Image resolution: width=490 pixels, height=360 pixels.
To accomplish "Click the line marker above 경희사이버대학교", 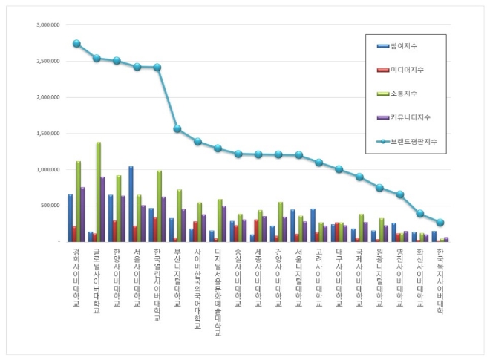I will tap(76, 44).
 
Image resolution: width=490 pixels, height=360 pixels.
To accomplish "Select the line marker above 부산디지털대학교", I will tap(177, 128).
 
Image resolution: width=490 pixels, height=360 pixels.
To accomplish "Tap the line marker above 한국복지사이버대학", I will tap(440, 223).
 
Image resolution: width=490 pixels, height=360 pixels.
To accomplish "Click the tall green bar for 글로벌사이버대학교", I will tap(98, 192).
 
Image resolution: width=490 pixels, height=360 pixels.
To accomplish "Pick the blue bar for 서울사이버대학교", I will tap(131, 204).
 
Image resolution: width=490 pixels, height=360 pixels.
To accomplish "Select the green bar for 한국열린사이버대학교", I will tap(158, 206).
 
